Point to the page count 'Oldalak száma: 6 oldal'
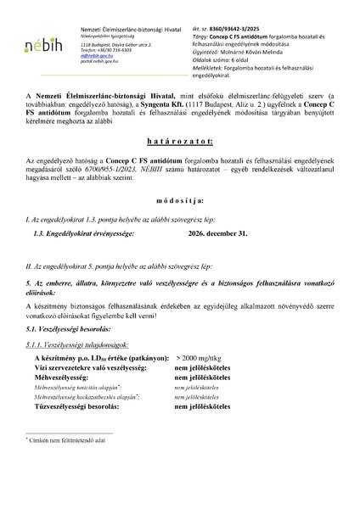click(235, 58)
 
